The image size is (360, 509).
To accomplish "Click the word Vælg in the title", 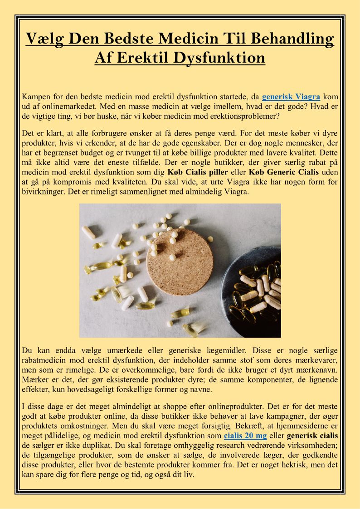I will (44, 39).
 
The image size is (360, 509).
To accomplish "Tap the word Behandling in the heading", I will (296, 39).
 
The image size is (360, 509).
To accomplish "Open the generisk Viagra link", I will (291, 96).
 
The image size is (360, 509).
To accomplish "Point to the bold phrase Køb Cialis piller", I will (196, 172).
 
